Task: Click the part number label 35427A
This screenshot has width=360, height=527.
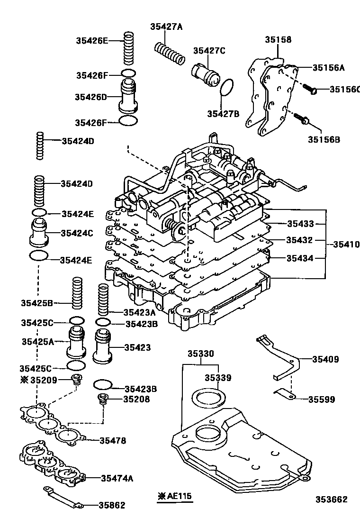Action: [166, 27]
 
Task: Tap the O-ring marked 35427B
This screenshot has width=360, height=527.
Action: [227, 87]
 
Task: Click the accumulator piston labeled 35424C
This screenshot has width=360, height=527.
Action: [41, 232]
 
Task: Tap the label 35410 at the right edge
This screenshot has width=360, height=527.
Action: [346, 245]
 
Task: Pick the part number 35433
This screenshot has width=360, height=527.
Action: [299, 223]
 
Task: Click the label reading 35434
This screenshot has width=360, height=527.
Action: [299, 258]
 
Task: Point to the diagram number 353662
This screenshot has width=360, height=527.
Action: [332, 500]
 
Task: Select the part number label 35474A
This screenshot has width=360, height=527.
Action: [117, 478]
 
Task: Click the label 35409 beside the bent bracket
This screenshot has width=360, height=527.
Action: [325, 359]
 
